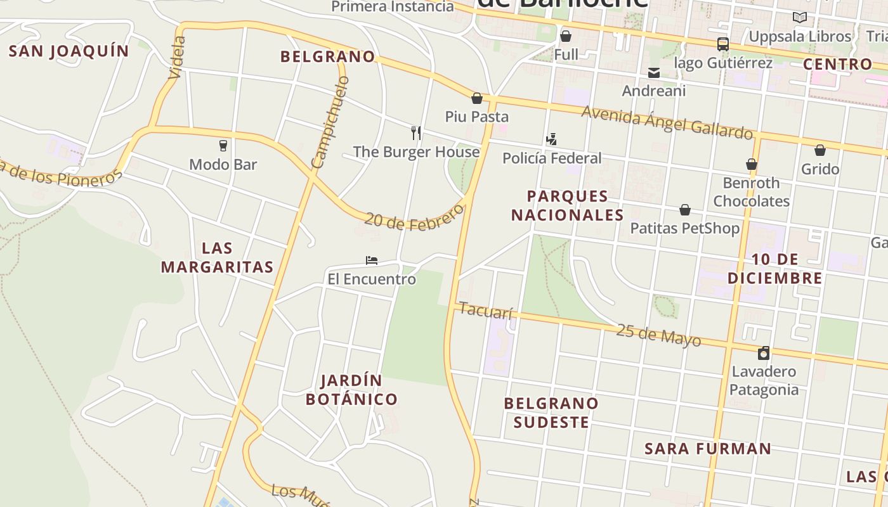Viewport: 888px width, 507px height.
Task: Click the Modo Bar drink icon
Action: (x=223, y=145)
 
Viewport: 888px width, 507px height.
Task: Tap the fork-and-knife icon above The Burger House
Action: (x=416, y=132)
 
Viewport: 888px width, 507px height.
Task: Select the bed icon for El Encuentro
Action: (x=372, y=260)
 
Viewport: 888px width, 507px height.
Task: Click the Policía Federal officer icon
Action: (x=551, y=139)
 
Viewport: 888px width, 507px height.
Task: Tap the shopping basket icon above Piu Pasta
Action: (x=477, y=98)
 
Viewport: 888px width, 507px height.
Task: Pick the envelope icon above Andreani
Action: (x=654, y=72)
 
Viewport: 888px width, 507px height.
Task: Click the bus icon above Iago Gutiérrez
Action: (x=722, y=44)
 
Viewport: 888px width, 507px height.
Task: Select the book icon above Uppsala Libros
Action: (x=800, y=18)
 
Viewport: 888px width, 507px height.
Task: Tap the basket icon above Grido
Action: (x=820, y=150)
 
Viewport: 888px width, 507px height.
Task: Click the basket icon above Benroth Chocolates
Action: (x=752, y=164)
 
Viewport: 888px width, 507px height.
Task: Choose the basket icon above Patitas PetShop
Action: (x=685, y=210)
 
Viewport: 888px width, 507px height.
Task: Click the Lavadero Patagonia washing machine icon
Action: (x=764, y=353)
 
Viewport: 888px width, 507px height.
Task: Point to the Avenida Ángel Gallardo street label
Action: (x=667, y=122)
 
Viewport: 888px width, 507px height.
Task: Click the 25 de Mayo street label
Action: (x=658, y=335)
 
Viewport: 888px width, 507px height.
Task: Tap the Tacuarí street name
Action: (x=485, y=311)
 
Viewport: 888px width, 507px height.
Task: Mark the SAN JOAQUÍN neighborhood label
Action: (x=69, y=51)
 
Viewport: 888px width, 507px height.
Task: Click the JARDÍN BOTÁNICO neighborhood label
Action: (x=351, y=390)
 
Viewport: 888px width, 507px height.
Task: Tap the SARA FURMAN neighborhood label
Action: (x=708, y=449)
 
